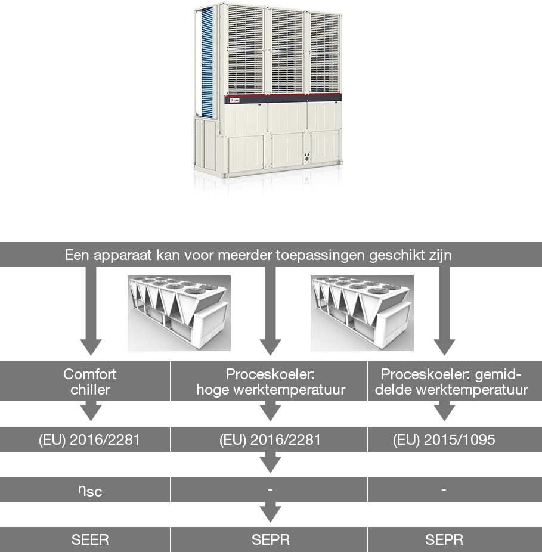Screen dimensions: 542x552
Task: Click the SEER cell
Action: tap(90, 539)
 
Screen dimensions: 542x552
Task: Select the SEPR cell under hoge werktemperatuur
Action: tap(271, 539)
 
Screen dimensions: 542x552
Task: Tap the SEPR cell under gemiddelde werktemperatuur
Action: tap(444, 539)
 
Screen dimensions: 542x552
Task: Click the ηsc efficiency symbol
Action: tap(90, 491)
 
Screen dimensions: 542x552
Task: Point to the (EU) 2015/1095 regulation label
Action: tap(444, 439)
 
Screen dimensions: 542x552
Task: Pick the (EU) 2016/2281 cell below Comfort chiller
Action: tap(89, 439)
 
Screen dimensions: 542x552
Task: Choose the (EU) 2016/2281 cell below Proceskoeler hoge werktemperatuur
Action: tap(270, 439)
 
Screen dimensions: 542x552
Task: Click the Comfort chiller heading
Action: tap(90, 382)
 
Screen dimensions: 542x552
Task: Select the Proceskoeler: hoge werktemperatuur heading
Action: tap(271, 382)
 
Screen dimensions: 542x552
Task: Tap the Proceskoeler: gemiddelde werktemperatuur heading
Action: tap(451, 382)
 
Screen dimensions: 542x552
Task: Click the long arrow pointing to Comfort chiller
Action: tap(91, 311)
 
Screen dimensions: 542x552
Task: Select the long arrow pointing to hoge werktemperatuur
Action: tap(270, 311)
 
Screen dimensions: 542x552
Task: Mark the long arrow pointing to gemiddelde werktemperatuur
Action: tap(444, 311)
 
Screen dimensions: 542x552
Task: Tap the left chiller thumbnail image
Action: tap(179, 313)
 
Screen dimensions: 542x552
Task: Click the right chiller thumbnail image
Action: tap(362, 313)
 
